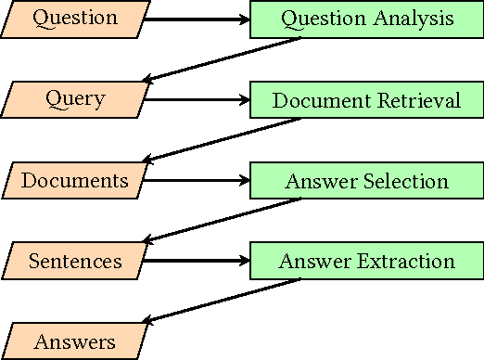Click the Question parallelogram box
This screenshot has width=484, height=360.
point(75,19)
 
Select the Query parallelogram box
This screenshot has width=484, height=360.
point(75,99)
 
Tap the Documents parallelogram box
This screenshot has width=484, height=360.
point(75,180)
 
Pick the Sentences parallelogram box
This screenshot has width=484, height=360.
point(75,261)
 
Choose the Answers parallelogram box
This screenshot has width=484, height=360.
point(75,341)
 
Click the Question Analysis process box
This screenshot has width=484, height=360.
point(367,19)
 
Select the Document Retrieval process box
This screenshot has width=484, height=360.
point(367,99)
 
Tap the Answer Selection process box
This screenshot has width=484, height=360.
point(367,180)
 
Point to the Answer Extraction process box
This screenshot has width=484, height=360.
point(367,261)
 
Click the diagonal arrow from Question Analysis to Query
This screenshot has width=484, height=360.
point(223,59)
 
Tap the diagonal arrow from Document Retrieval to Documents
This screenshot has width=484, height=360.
point(223,140)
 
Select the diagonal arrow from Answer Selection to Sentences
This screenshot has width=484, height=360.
point(223,221)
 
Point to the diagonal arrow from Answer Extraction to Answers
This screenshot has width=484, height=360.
point(223,302)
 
